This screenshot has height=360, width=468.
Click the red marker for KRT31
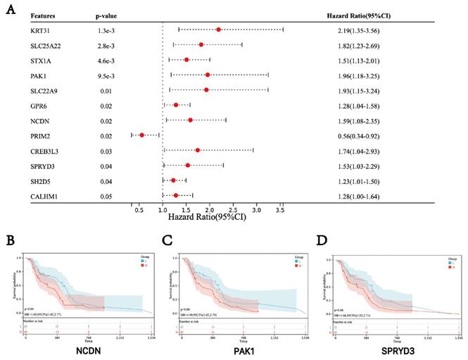219,30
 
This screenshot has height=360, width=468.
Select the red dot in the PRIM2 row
142,135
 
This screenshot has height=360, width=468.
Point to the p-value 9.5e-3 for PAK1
109,75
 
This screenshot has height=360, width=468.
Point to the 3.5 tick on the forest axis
281,209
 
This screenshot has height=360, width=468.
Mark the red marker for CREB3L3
198,150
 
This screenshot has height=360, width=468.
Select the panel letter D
321,241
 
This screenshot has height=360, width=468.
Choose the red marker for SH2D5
173,180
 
